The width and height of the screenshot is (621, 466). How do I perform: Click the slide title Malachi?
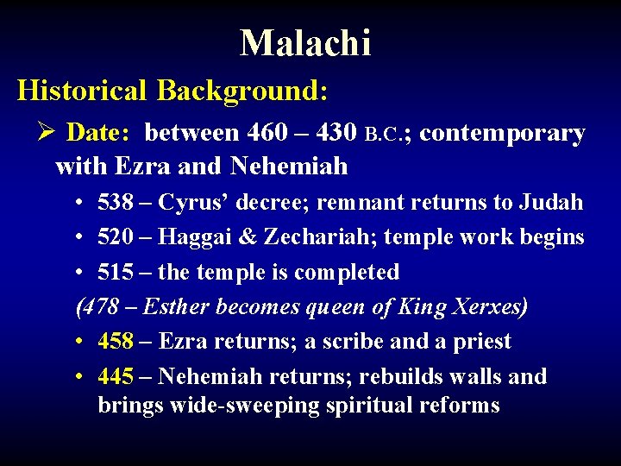[305, 42]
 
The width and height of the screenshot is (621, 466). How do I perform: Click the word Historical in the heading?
[82, 90]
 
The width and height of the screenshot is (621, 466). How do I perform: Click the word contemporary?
[502, 133]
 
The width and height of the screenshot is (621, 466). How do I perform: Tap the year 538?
[116, 203]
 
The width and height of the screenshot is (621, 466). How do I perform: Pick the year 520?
[116, 236]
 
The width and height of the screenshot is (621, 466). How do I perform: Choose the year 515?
[116, 272]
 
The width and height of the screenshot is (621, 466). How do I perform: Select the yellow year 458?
[116, 342]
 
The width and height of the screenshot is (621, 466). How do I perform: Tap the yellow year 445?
[116, 376]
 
